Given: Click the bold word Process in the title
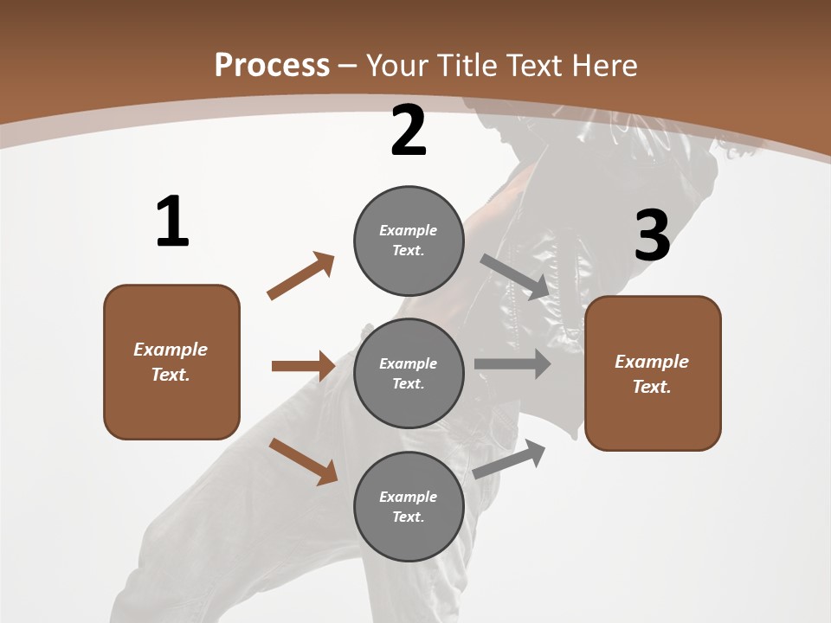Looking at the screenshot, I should pos(272,65).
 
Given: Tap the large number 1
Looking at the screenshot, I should pos(172,222).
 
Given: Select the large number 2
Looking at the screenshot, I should pos(409,131).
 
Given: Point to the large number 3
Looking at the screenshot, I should pos(652,236).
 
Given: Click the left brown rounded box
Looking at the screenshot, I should pos(171,362).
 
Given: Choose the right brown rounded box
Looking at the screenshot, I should pos(653,373).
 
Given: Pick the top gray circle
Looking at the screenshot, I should pos(409,241).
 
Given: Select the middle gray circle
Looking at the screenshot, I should pos(409,373).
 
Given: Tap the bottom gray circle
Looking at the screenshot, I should pos(409,506).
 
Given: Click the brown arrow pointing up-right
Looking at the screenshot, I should pos(300,276).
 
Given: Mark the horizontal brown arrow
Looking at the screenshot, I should pos(303,366).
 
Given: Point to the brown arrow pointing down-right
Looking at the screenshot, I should pos(303,460).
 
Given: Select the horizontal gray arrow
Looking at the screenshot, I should pos(512,364).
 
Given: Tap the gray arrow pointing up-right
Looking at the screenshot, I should pos(510,458).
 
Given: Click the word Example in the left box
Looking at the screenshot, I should pos(171,350).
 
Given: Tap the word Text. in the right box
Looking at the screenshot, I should pos(652,387).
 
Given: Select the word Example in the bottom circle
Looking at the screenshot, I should pos(409,497).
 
